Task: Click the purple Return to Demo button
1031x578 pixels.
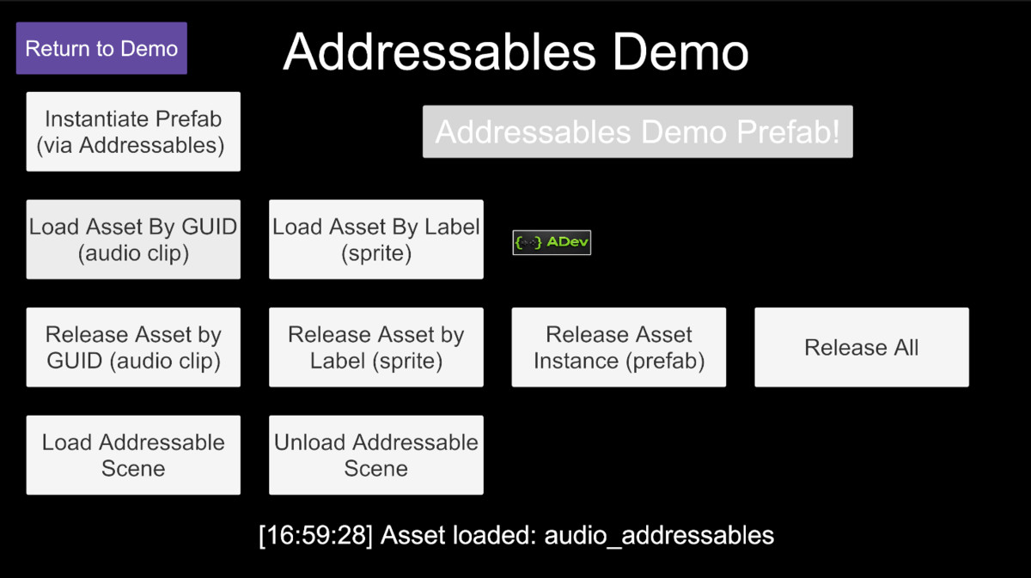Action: (x=101, y=49)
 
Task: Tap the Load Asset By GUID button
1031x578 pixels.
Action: (x=133, y=240)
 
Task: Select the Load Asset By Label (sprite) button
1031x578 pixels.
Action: (x=376, y=240)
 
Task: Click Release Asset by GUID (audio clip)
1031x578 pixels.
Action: (x=133, y=347)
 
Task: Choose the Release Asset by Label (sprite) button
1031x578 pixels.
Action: (x=376, y=347)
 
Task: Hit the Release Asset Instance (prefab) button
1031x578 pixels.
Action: (x=619, y=347)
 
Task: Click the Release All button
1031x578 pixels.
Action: (x=861, y=347)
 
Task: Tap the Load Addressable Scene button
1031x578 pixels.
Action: (x=133, y=455)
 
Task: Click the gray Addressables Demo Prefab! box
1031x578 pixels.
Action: (x=638, y=131)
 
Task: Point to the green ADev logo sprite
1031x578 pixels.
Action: (x=552, y=242)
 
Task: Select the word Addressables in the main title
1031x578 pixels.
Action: (x=439, y=52)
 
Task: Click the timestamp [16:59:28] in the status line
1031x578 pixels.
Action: (x=315, y=536)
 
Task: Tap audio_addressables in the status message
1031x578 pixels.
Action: (x=659, y=536)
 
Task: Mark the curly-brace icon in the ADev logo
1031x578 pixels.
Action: (x=528, y=242)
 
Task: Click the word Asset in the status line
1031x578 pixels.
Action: (x=410, y=536)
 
